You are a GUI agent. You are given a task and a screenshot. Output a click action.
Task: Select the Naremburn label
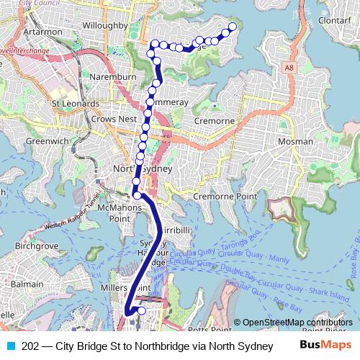[109, 74]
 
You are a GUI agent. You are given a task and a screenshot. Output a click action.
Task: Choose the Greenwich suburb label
[45, 141]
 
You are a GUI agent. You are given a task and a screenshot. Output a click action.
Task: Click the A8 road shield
[289, 67]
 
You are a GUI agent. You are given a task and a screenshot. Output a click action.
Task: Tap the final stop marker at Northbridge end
[233, 27]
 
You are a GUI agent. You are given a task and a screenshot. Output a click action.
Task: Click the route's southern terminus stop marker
[141, 311]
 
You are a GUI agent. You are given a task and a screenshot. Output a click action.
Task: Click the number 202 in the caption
[30, 346]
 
